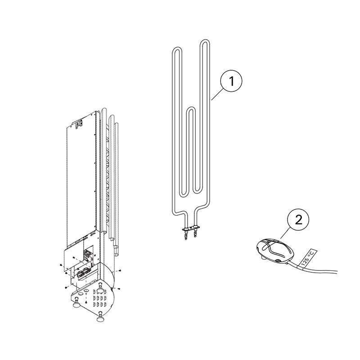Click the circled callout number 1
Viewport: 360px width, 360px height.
coord(231,82)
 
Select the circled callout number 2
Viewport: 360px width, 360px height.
coord(298,220)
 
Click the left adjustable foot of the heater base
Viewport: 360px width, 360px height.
coord(76,304)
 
